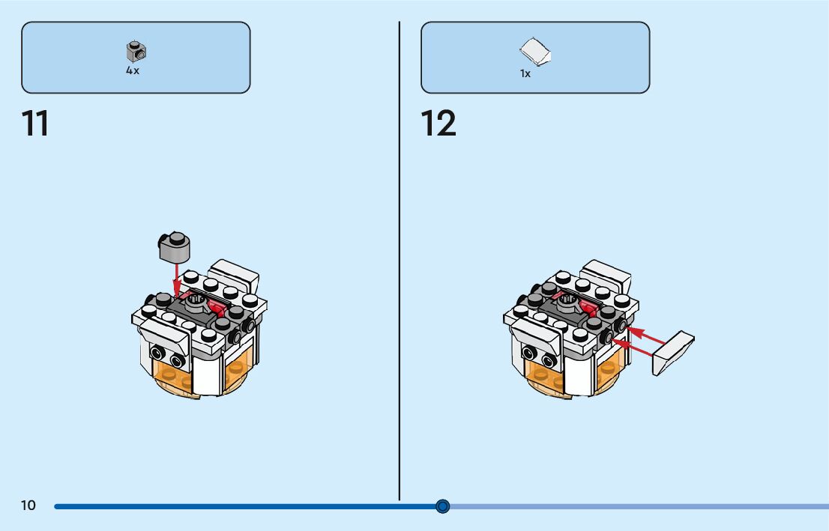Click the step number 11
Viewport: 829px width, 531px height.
[x=35, y=124]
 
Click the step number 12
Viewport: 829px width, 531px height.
[x=438, y=124]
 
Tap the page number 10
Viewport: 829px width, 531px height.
[x=28, y=506]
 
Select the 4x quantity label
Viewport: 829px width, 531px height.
[x=133, y=70]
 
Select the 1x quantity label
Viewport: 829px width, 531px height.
[x=525, y=74]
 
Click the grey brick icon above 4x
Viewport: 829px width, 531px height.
[x=136, y=51]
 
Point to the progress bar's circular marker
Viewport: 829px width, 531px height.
[x=442, y=506]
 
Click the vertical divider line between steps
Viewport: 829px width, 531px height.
[x=399, y=262]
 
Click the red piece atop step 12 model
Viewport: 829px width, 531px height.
[x=587, y=307]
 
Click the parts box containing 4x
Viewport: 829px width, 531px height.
[x=136, y=57]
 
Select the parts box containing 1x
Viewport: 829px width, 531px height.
[x=535, y=57]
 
